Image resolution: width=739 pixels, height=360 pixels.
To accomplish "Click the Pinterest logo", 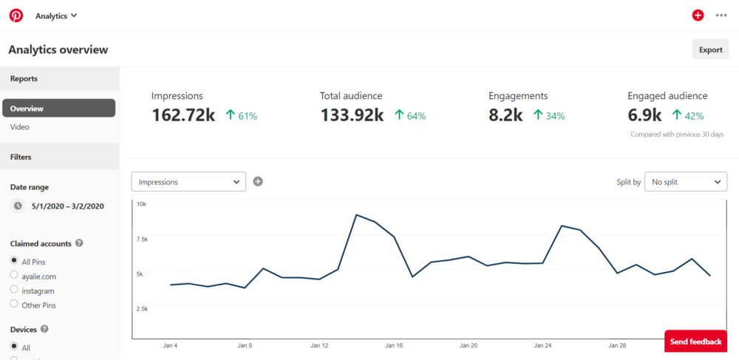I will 16,16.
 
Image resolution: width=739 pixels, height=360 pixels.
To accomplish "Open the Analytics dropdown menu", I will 56,16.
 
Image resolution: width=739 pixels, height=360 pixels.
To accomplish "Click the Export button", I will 710,50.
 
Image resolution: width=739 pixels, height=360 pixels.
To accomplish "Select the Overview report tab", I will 58,108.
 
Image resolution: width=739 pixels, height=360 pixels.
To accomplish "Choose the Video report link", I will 20,127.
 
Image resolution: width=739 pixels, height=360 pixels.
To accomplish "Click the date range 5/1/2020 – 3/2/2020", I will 67,206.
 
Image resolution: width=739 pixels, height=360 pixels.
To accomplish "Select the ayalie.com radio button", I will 14,276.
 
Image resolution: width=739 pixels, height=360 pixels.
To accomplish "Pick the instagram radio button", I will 14,290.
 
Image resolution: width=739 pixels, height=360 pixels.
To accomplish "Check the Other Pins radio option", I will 14,304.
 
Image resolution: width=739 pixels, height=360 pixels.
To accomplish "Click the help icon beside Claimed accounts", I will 79,243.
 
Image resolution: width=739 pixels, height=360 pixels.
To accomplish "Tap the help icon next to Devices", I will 44,329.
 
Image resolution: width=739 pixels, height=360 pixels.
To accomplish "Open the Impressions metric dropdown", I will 188,181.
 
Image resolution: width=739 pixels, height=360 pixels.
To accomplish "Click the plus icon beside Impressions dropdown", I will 258,181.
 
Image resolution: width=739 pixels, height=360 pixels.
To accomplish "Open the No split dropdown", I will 685,181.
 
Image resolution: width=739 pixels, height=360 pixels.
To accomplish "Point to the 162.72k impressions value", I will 183,115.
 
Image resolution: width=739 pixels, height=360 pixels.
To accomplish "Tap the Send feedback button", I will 695,342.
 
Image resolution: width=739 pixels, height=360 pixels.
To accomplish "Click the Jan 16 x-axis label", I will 394,345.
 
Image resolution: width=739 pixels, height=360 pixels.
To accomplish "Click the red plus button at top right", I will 698,16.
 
